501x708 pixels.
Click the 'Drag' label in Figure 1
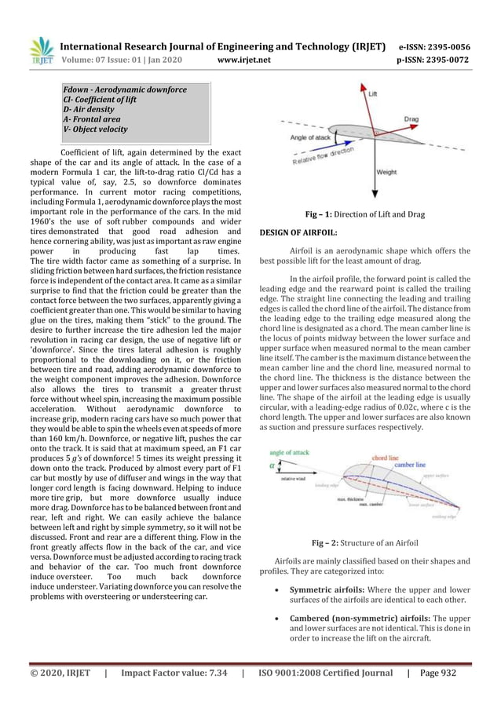411,119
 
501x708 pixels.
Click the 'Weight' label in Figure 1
386,172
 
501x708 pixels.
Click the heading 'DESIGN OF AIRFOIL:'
298,233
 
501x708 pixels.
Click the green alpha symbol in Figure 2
272,465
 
